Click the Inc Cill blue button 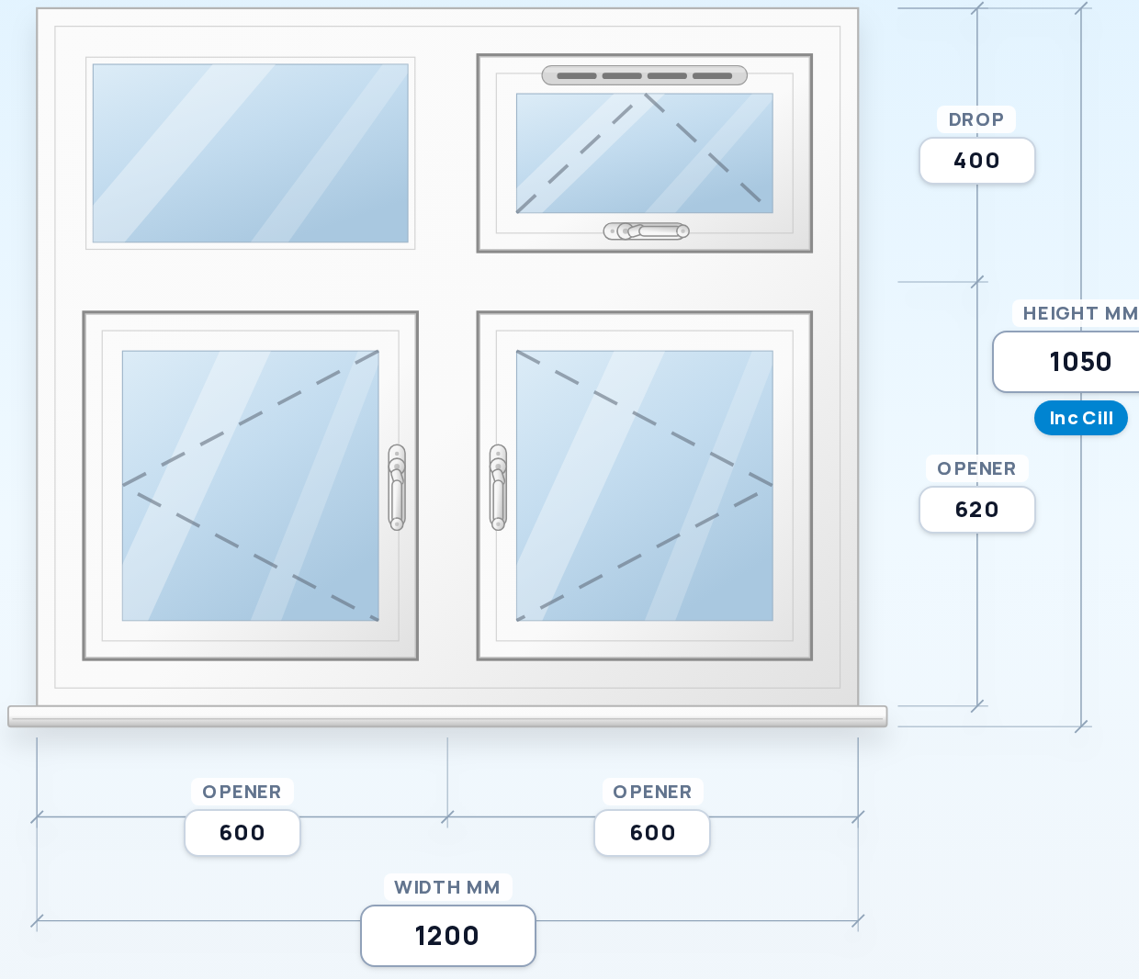click(x=1080, y=418)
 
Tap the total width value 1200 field click(x=448, y=936)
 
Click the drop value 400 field click(x=977, y=161)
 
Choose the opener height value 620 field click(x=977, y=510)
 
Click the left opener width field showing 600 click(x=242, y=832)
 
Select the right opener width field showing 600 click(x=652, y=832)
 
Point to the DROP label click(x=975, y=119)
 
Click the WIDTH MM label click(x=447, y=887)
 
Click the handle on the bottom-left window click(x=397, y=488)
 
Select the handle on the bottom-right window click(x=498, y=488)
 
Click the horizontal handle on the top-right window click(x=647, y=231)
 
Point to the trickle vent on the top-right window click(x=645, y=75)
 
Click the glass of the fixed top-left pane click(x=250, y=153)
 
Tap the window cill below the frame click(x=447, y=716)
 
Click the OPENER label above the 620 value click(x=976, y=469)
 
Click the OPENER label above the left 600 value click(x=242, y=793)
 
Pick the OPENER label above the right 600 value click(x=652, y=793)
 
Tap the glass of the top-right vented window click(x=645, y=153)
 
